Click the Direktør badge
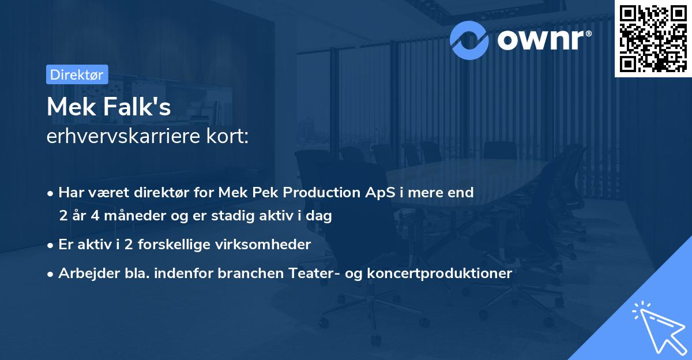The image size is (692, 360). point(77,74)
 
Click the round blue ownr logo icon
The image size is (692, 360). point(469,39)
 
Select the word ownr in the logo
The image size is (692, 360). point(539,39)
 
